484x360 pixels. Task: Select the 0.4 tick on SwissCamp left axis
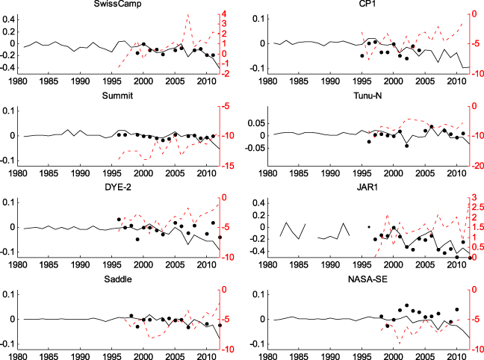9,31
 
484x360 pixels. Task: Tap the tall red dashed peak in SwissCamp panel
187,15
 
